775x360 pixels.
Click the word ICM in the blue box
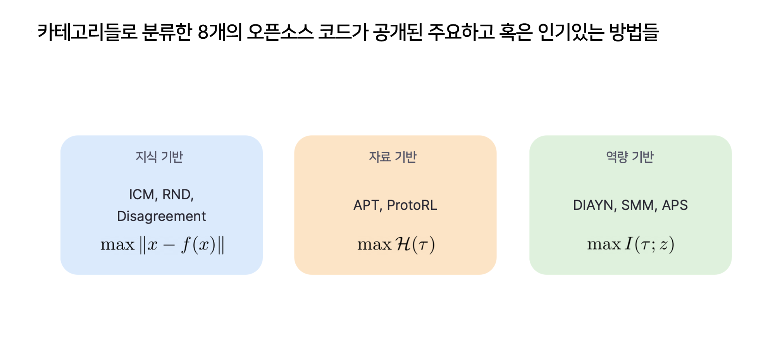(x=142, y=195)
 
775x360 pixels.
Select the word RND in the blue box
(x=177, y=195)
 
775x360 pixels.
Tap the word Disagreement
(x=161, y=216)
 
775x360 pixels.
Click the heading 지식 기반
(x=159, y=157)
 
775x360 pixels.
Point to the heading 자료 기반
(x=393, y=157)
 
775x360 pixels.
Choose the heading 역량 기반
(x=630, y=157)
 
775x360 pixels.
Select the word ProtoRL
(x=412, y=205)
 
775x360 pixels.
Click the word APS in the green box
(x=675, y=205)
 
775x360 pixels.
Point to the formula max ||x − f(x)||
(x=162, y=245)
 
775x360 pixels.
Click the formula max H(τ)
(x=396, y=245)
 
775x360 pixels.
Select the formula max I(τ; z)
(x=630, y=245)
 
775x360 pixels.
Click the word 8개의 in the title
(x=219, y=32)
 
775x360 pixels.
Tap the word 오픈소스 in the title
(x=280, y=32)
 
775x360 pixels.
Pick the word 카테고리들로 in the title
(x=87, y=32)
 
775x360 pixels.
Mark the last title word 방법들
(x=634, y=32)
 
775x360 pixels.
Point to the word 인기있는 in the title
(x=571, y=32)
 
